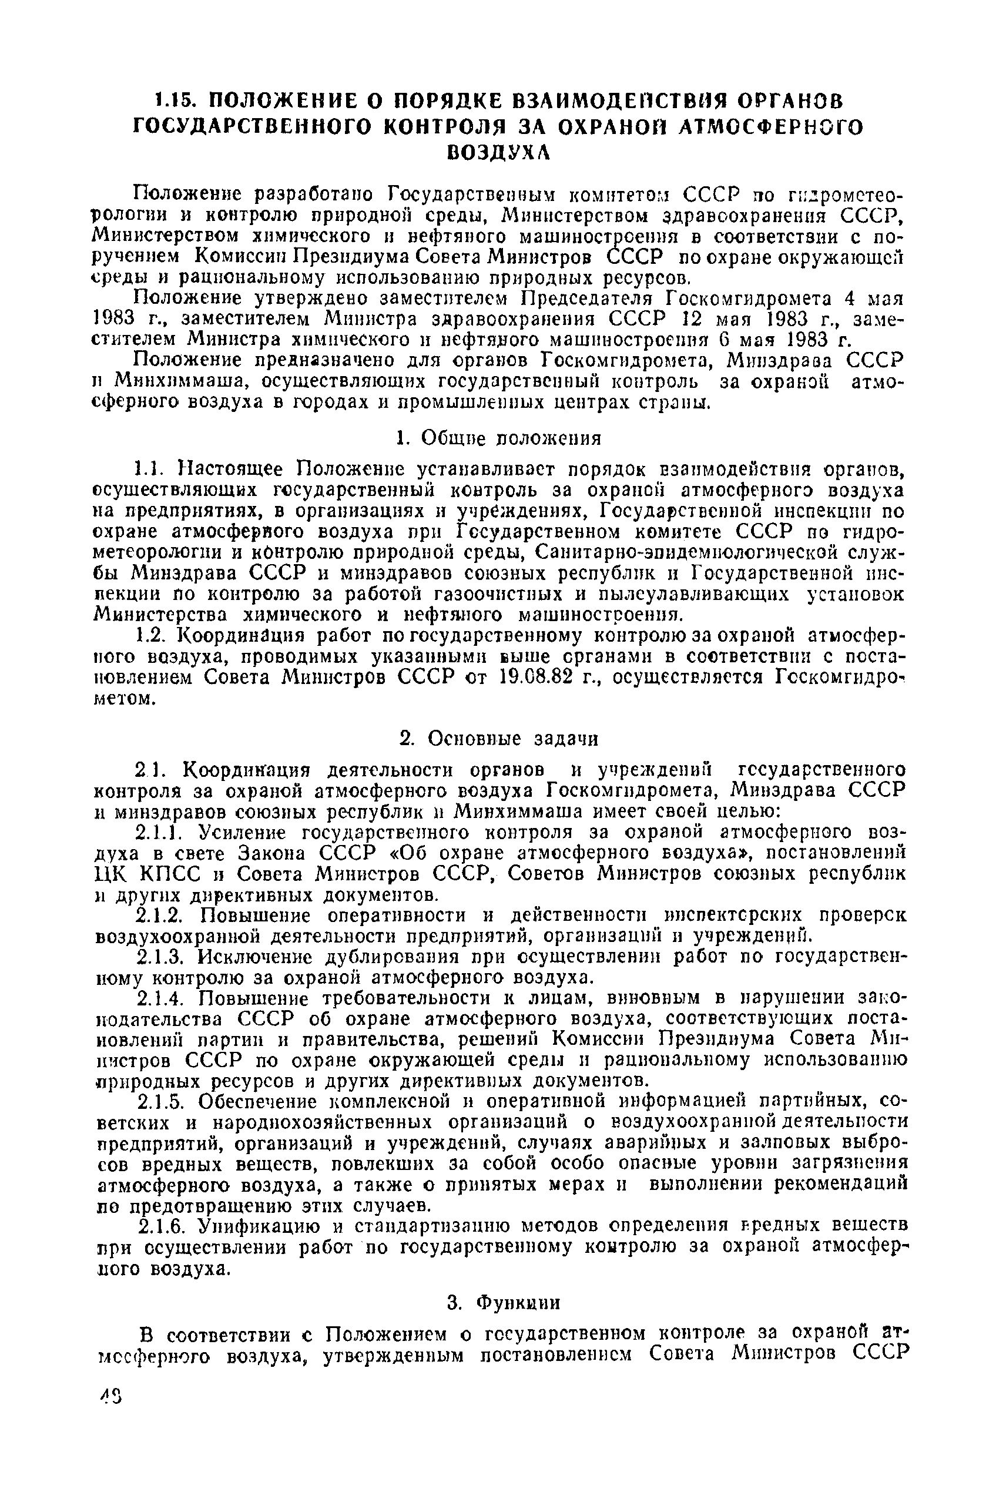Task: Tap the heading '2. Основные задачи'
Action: click(498, 739)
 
